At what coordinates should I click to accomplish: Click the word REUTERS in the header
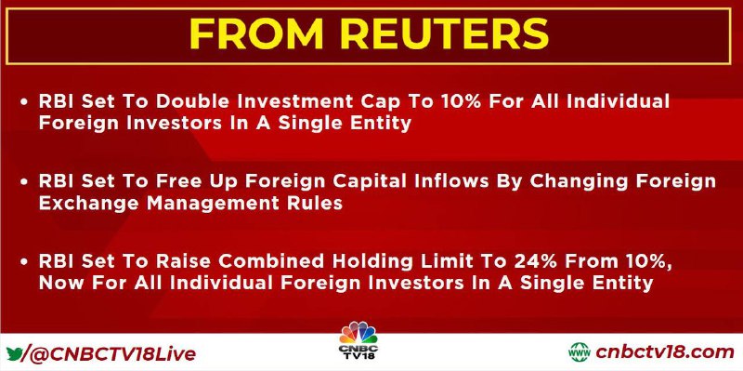pyautogui.click(x=444, y=33)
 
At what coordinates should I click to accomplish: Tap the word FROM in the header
pyautogui.click(x=255, y=33)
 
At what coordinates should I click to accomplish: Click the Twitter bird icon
pyautogui.click(x=13, y=354)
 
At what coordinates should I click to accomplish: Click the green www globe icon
pyautogui.click(x=579, y=352)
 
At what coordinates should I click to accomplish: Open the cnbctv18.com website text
pyautogui.click(x=665, y=352)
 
